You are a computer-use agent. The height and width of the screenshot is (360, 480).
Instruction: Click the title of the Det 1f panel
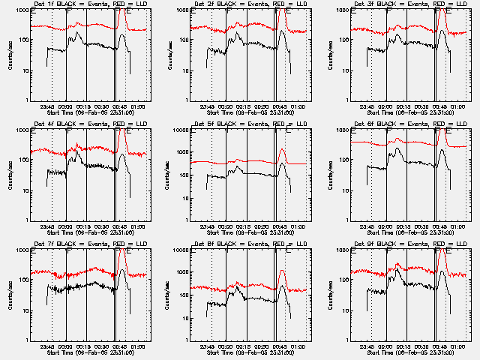[80, 4]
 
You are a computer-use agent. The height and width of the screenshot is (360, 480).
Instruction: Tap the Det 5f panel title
[240, 124]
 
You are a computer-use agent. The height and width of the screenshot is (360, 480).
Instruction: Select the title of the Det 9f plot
[400, 244]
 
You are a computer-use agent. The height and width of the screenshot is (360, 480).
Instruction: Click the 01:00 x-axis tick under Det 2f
[297, 105]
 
